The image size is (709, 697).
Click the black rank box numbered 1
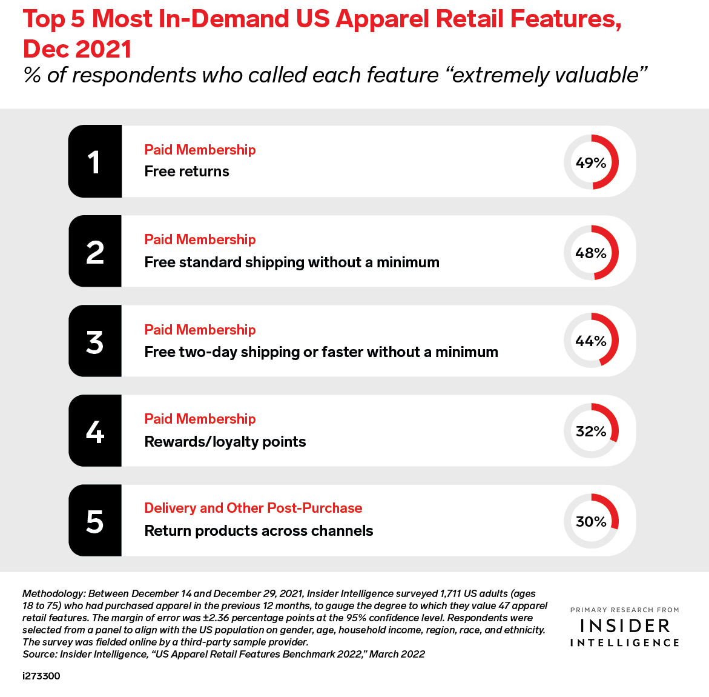coord(95,162)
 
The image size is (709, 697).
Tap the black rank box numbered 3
coord(95,341)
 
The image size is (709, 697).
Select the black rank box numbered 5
coord(95,521)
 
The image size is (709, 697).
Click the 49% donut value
coord(591,162)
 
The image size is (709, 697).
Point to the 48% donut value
coord(591,253)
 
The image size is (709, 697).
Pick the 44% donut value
coord(591,341)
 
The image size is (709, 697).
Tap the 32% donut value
coord(591,431)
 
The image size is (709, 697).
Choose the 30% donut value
coord(591,521)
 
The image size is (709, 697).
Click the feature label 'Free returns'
coord(186,172)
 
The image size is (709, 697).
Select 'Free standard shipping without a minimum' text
coord(292,262)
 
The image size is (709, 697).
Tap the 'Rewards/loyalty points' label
coord(225,442)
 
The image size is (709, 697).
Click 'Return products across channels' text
coord(259,531)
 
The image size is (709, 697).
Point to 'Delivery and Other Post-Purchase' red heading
coord(253,508)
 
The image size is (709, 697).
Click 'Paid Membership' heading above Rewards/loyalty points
coord(200,419)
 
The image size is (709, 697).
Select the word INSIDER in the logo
coord(625,625)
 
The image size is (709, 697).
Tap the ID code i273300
coord(41,676)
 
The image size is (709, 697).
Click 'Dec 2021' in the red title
coord(77,49)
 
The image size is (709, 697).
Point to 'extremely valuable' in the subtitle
coord(545,75)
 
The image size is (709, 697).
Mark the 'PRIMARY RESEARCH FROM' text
coord(625,610)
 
